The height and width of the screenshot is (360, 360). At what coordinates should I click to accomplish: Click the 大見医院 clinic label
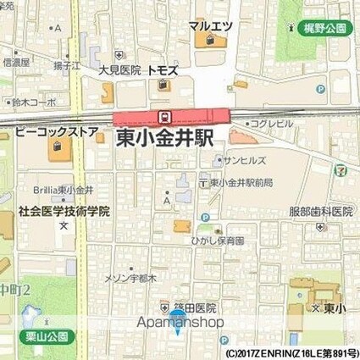(118, 71)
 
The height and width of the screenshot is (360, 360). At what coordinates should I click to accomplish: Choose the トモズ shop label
(161, 71)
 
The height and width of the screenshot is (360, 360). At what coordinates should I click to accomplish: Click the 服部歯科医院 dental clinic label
(320, 211)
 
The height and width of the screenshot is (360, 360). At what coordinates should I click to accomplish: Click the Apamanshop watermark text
(180, 322)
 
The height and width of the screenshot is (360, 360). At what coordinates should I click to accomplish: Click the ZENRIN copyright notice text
(291, 352)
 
